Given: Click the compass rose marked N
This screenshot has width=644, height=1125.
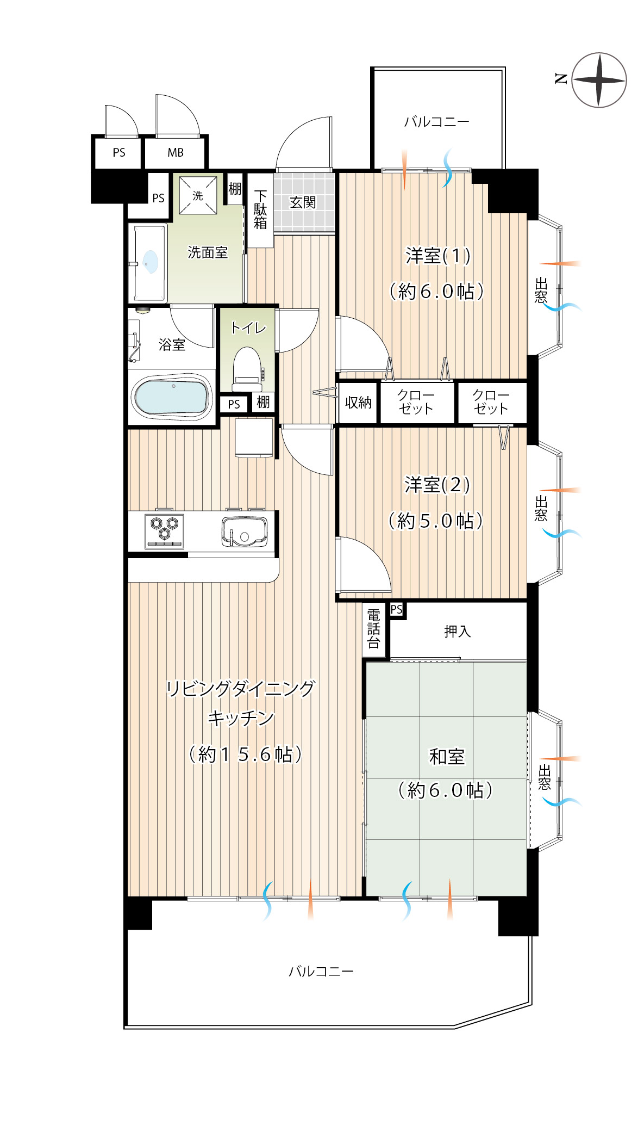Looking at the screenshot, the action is pyautogui.click(x=599, y=80).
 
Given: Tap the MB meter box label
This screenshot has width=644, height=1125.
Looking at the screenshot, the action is pyautogui.click(x=176, y=153).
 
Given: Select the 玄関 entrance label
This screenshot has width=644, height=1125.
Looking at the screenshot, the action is pyautogui.click(x=303, y=202).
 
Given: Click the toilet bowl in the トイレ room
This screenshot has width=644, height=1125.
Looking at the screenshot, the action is pyautogui.click(x=247, y=368).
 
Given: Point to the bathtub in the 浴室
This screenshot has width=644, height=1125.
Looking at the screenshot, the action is pyautogui.click(x=172, y=397).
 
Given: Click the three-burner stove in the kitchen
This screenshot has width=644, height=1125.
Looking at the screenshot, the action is pyautogui.click(x=165, y=530).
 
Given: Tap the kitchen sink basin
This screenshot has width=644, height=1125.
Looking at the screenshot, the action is pyautogui.click(x=245, y=531).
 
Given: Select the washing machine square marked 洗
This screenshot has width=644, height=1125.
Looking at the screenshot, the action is pyautogui.click(x=198, y=195).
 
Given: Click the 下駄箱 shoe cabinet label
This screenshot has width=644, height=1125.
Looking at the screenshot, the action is pyautogui.click(x=260, y=209).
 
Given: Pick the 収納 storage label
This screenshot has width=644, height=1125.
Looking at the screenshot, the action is pyautogui.click(x=358, y=403).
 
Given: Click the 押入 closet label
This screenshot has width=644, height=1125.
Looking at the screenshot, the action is pyautogui.click(x=457, y=631).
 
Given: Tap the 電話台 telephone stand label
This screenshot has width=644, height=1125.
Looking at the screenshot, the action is pyautogui.click(x=373, y=629).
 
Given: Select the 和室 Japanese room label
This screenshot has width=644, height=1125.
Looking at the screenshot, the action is pyautogui.click(x=447, y=756).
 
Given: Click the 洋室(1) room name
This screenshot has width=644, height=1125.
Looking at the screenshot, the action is pyautogui.click(x=438, y=256).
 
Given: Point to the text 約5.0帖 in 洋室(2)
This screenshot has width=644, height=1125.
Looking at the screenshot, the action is pyautogui.click(x=436, y=521).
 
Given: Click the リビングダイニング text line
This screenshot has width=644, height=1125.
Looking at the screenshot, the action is pyautogui.click(x=240, y=689).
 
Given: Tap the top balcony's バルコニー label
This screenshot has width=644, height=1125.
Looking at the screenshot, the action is pyautogui.click(x=436, y=121).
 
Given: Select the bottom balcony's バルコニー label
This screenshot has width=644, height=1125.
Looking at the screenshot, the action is pyautogui.click(x=321, y=971).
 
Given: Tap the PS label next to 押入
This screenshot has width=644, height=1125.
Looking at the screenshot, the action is pyautogui.click(x=397, y=609).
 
